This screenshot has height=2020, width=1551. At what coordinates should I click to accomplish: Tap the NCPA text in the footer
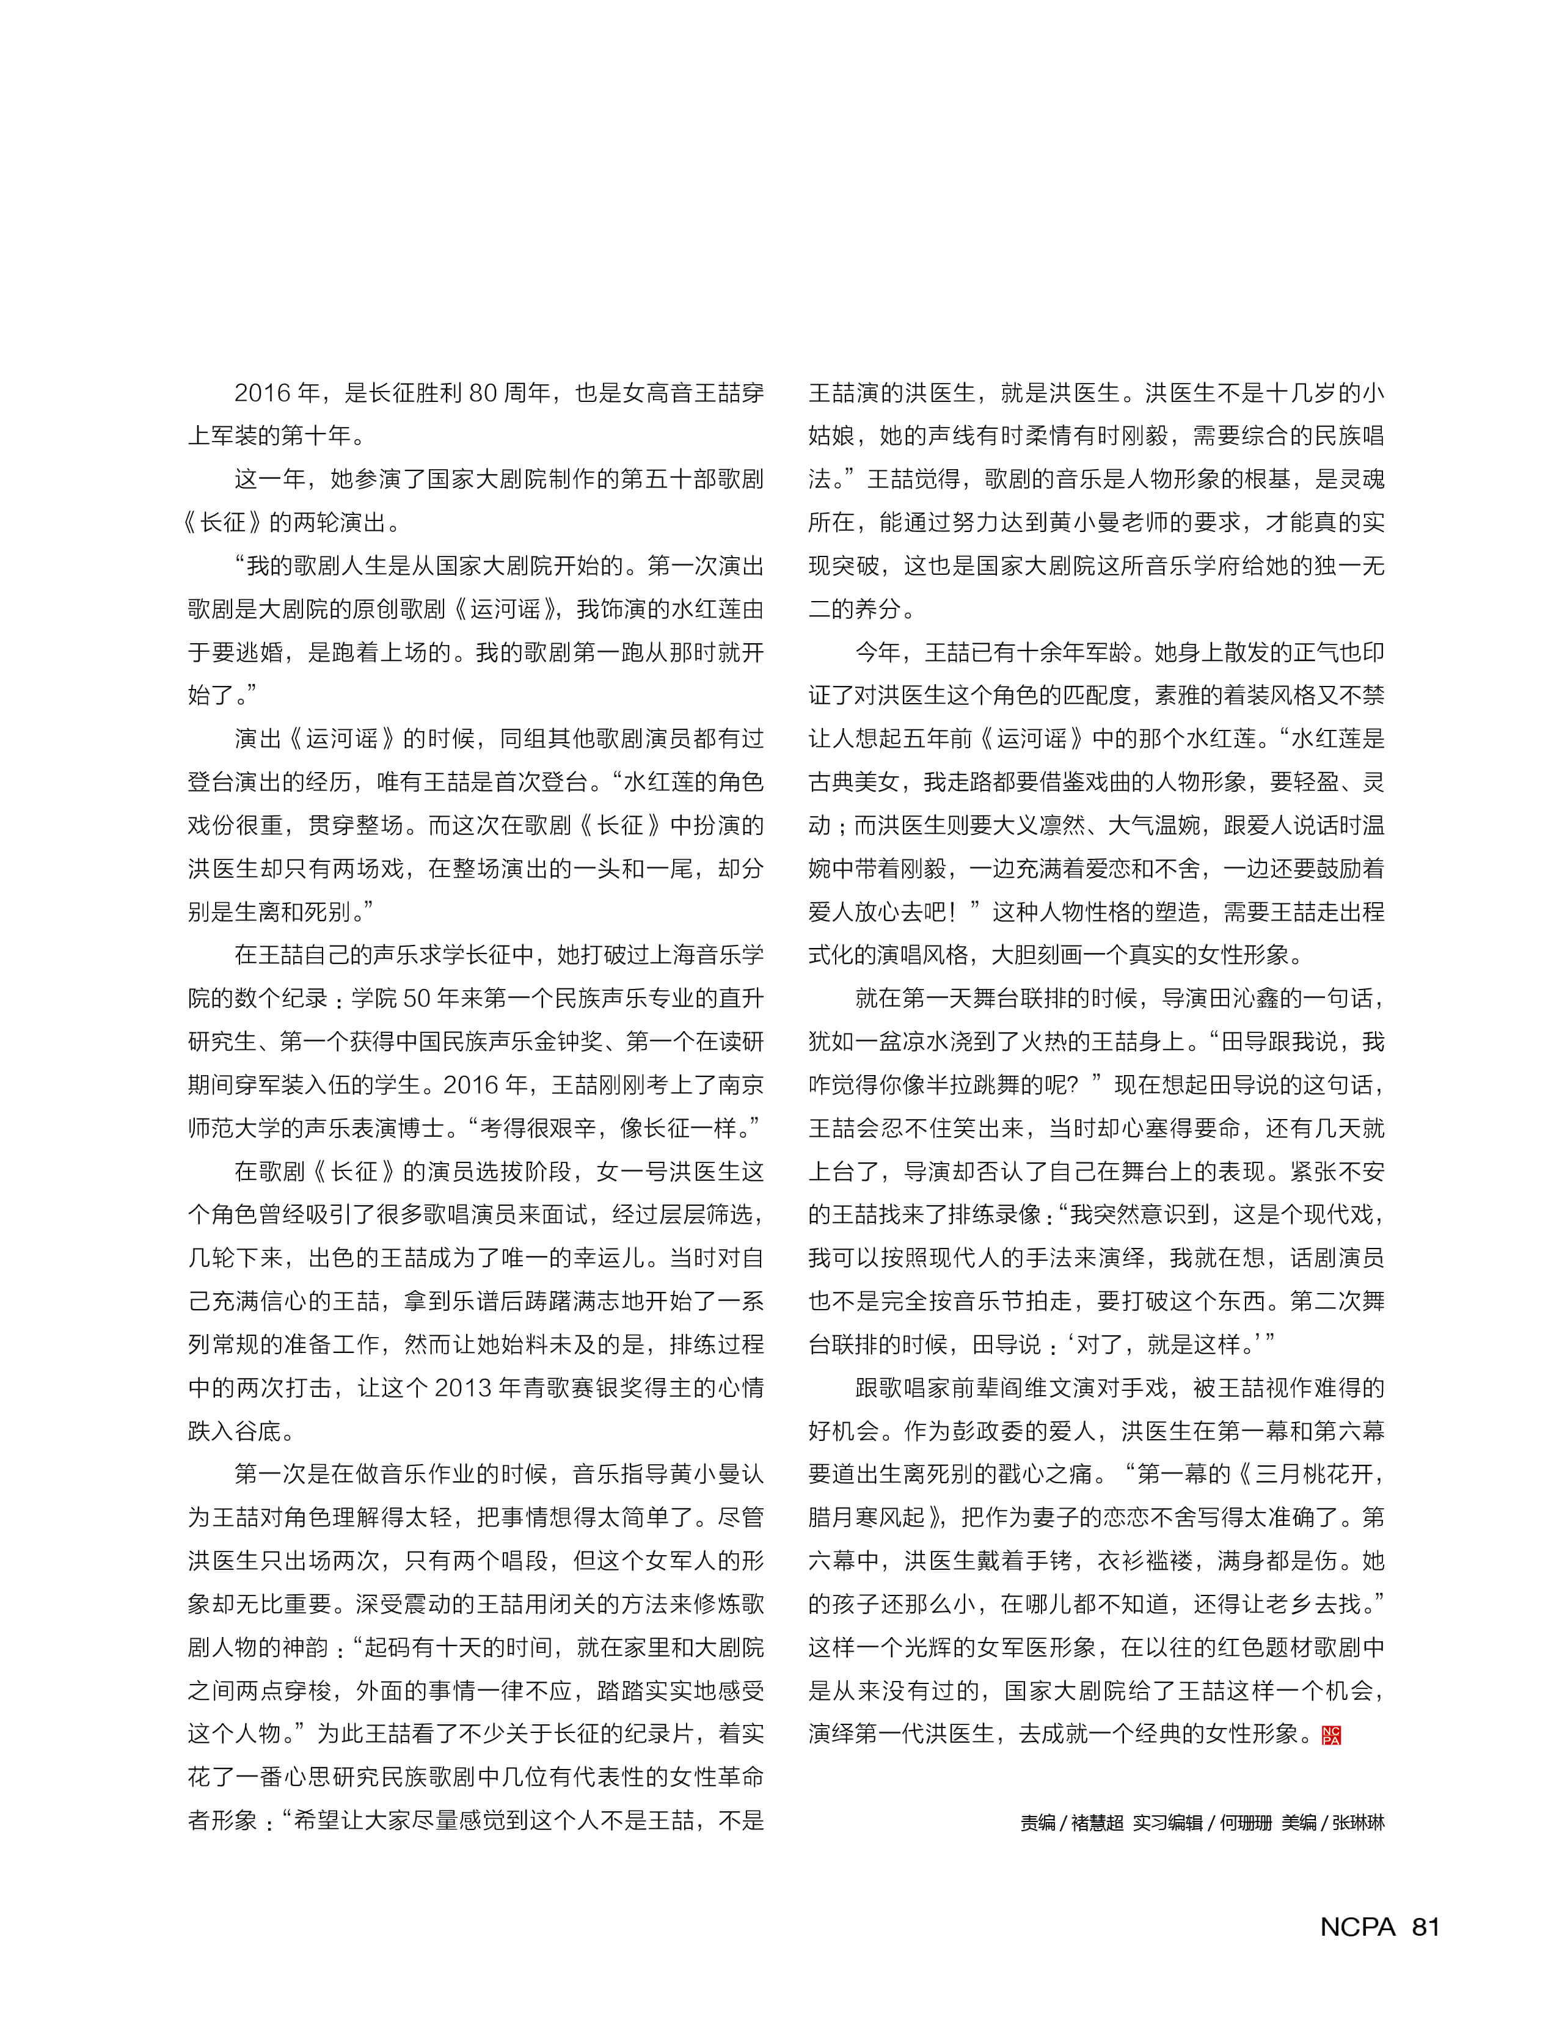click(x=1357, y=1927)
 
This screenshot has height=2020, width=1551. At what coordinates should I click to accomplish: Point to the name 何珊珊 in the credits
click(x=1246, y=1823)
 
